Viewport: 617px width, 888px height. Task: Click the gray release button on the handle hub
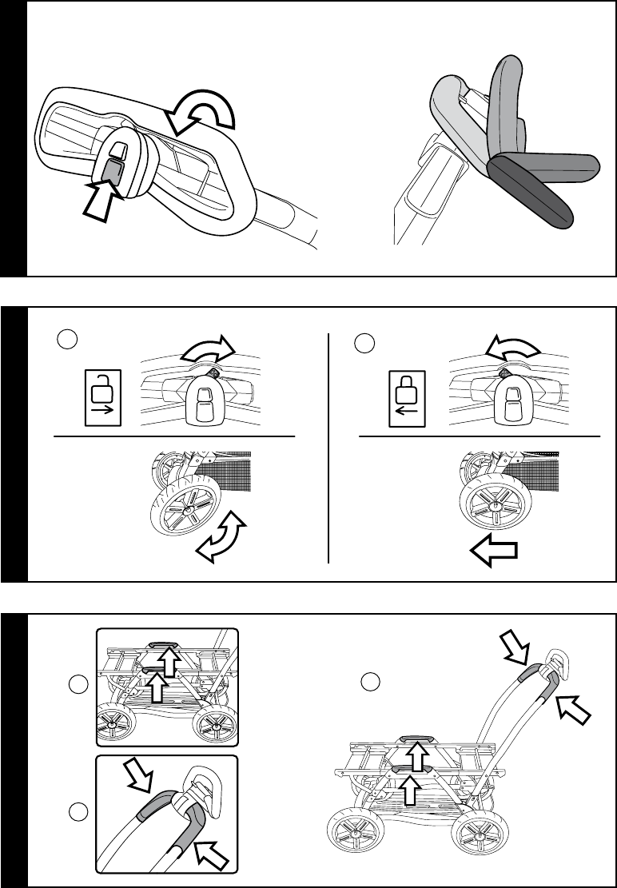click(113, 169)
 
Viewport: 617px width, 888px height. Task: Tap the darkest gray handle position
click(531, 193)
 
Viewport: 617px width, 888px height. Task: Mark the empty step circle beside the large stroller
click(369, 682)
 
